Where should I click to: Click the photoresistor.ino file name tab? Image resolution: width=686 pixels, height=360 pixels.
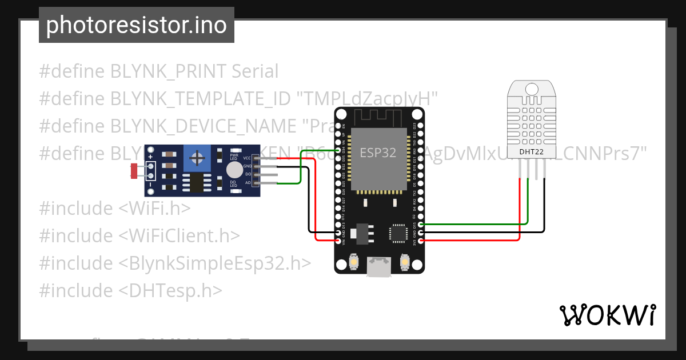(x=136, y=25)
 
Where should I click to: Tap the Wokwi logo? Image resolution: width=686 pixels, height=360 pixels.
(x=607, y=315)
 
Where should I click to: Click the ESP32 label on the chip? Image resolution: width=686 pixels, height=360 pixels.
(x=378, y=153)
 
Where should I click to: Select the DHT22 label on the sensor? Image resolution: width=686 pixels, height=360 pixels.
(x=531, y=152)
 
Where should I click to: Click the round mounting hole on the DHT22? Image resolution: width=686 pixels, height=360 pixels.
(x=532, y=89)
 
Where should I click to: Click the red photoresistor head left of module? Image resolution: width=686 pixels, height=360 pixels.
(x=134, y=170)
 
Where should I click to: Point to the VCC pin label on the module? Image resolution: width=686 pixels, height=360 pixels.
(x=246, y=158)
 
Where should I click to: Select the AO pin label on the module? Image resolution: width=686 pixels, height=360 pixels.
(x=248, y=183)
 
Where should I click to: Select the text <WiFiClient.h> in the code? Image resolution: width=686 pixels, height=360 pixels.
(x=180, y=235)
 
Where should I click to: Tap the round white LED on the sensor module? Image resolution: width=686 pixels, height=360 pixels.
(x=234, y=170)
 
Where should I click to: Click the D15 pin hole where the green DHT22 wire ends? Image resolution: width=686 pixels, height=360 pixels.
(x=421, y=225)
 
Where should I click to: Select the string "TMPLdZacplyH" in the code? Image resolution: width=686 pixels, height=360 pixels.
(x=367, y=99)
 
